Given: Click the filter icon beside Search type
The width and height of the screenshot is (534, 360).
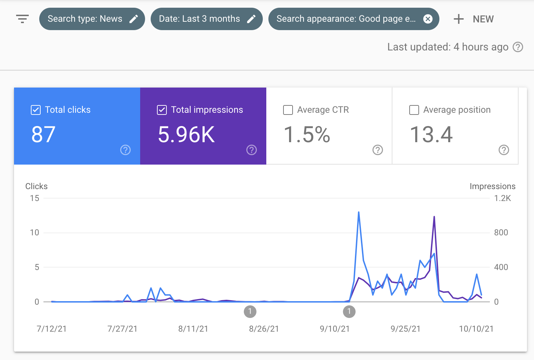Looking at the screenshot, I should [22, 19].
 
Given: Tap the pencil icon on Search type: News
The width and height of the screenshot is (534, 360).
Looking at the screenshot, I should [133, 19].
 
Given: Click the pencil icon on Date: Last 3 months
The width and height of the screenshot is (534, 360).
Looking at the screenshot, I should [251, 19].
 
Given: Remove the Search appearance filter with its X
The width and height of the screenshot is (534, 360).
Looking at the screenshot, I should [428, 19].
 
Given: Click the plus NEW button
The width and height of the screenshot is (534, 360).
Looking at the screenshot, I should [474, 19].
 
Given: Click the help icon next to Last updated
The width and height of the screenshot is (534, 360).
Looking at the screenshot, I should [518, 47].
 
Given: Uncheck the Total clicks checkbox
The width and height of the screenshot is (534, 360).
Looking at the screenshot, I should [36, 110].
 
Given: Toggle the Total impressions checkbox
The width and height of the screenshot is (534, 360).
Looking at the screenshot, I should [162, 110].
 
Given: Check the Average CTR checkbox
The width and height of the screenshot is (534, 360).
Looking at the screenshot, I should [288, 110].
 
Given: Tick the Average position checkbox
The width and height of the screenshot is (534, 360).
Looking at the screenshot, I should [414, 110].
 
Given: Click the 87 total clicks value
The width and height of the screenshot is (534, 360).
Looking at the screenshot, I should [43, 134].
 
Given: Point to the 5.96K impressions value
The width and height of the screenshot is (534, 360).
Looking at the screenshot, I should [186, 134].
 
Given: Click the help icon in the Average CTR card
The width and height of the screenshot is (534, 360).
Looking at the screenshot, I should [377, 150].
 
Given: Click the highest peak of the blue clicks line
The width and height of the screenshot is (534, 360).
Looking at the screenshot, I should [359, 212].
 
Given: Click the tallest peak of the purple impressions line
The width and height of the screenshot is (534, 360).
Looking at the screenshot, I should [434, 217].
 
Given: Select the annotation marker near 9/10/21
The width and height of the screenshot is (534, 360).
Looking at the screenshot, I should [349, 311].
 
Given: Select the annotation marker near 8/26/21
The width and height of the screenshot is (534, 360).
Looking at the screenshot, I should [250, 311].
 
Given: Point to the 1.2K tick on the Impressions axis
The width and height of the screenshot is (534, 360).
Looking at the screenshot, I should [502, 198].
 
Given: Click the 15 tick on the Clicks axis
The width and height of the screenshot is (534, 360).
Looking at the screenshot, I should [35, 198].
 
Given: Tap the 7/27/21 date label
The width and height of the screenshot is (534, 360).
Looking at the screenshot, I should [122, 329].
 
